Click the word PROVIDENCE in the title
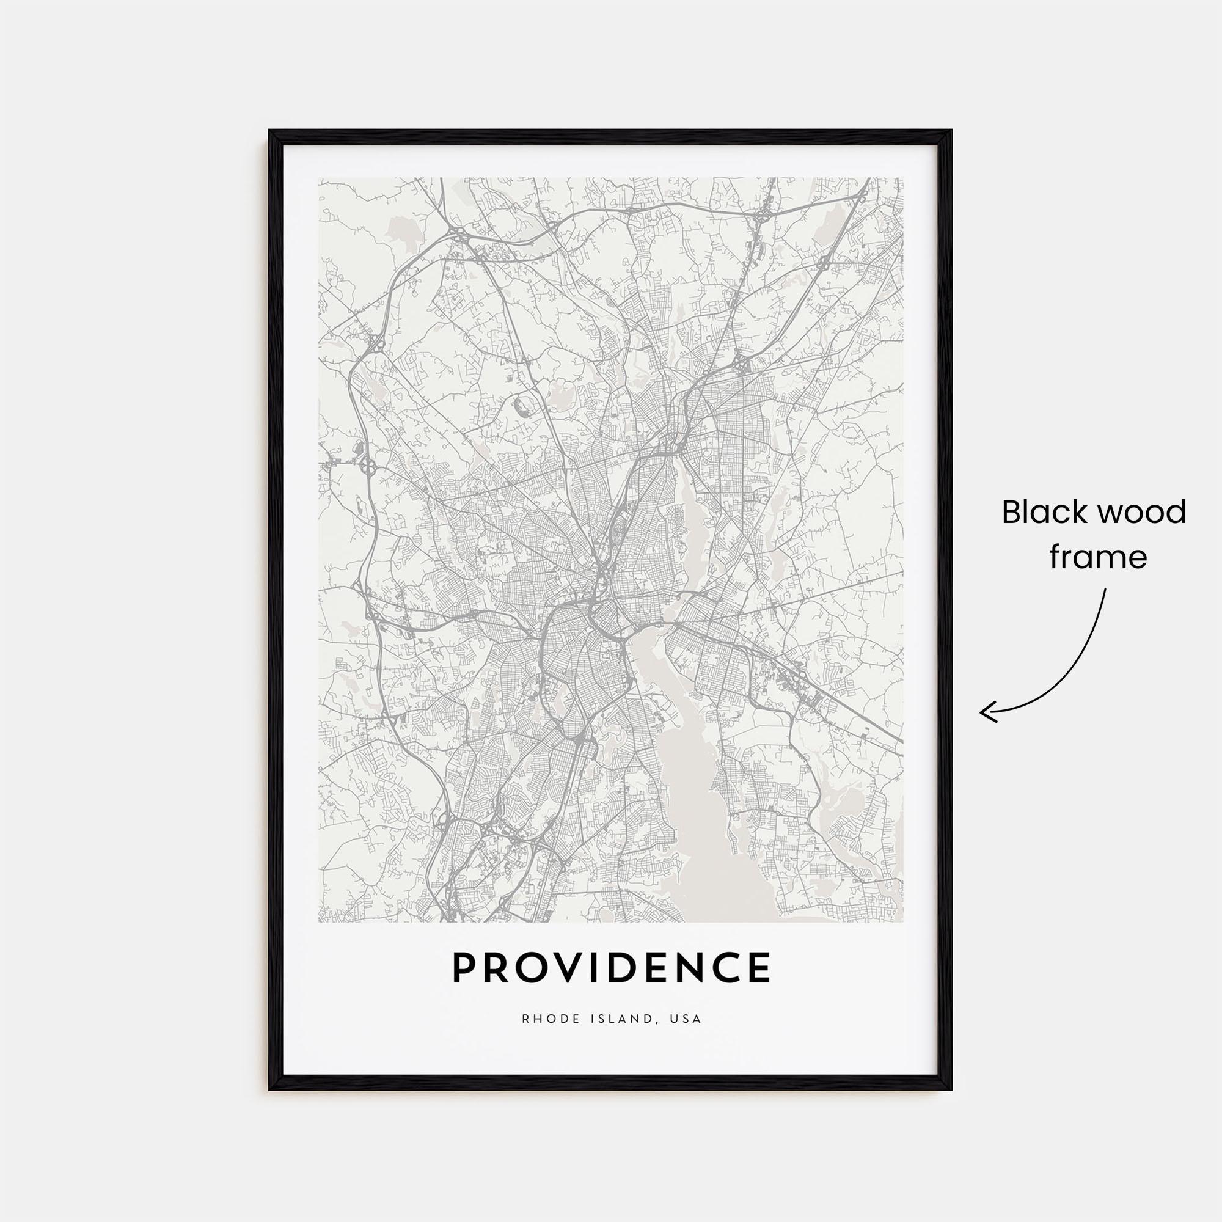(x=611, y=985)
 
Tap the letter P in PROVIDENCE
(x=464, y=985)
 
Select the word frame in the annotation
(x=1098, y=558)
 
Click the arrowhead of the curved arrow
(x=983, y=713)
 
